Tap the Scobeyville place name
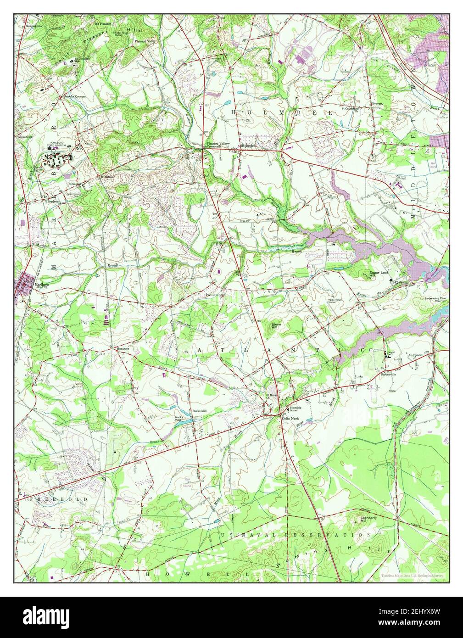point(389,374)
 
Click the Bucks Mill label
point(200,411)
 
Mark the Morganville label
point(28,24)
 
